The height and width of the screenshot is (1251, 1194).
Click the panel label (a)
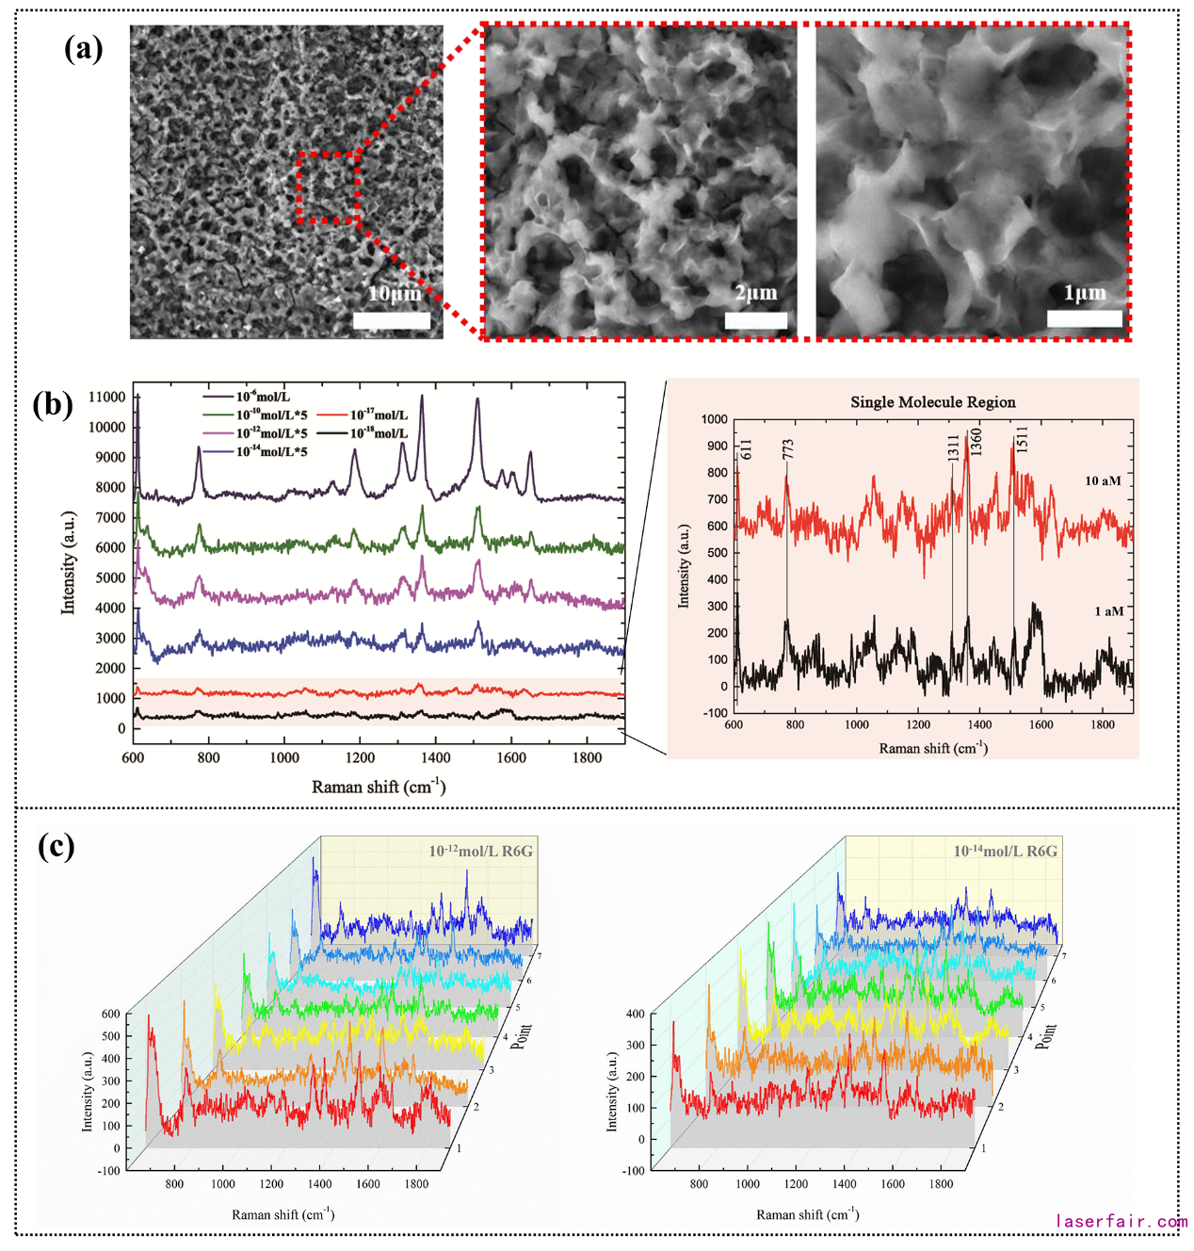[x=83, y=48]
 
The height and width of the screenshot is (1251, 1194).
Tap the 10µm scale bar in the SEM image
[x=392, y=320]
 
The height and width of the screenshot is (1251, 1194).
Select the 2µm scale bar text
[x=756, y=293]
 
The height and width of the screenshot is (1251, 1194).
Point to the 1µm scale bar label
[x=1085, y=293]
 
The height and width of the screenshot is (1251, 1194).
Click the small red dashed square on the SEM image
[x=328, y=187]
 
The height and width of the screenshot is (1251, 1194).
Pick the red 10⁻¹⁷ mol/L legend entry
[x=363, y=414]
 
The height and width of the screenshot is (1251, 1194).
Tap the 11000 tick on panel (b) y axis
[x=106, y=398]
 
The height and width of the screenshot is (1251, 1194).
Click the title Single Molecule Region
[x=932, y=402]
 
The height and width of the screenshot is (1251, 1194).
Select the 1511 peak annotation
[x=1022, y=440]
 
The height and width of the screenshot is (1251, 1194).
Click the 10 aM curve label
[x=1103, y=480]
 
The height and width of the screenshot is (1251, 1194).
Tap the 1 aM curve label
[x=1108, y=611]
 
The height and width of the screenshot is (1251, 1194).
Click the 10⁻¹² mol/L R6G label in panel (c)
[x=480, y=851]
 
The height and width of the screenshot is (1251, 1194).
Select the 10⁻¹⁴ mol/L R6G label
[x=1005, y=851]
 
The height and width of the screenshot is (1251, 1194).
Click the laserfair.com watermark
[x=1121, y=1222]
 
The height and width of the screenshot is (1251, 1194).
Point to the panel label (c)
[x=56, y=846]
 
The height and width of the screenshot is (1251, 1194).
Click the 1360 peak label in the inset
[x=976, y=440]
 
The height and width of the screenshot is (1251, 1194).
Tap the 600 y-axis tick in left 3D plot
[x=110, y=1015]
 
